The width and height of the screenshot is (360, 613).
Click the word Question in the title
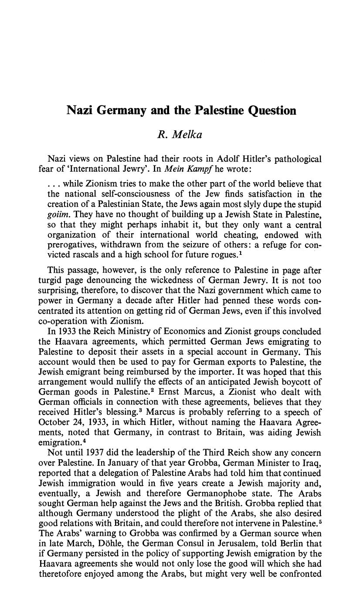[x=272, y=111]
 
